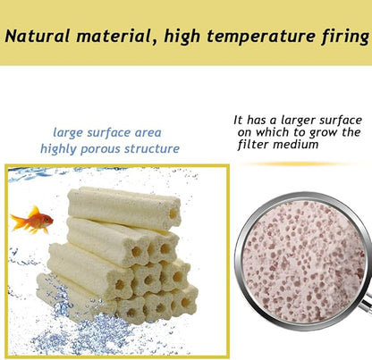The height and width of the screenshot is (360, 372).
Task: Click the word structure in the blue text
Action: tap(153, 149)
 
